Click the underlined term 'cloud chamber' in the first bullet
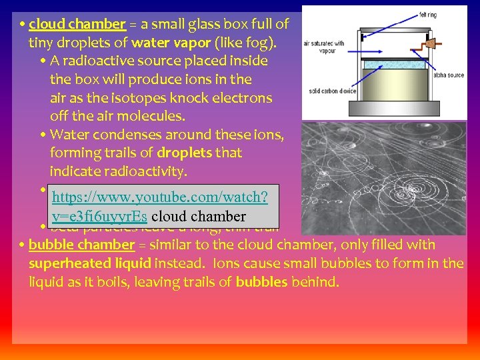(77, 25)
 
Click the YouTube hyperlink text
(160, 207)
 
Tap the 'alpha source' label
(448, 75)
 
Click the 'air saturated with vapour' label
(324, 46)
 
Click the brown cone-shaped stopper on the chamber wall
(431, 44)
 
